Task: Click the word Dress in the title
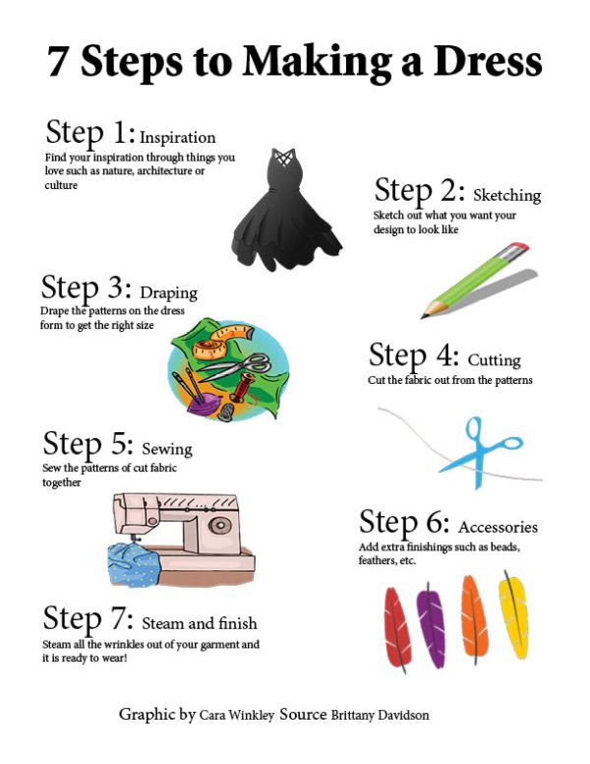pos(488,61)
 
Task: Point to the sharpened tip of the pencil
pos(423,317)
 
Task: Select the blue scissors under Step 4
pos(480,451)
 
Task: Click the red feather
pos(397,628)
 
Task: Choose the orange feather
pos(474,619)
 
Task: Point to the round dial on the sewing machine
pos(219,526)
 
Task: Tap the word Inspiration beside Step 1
pos(178,138)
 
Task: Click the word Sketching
pos(506,195)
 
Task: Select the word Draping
pos(168,292)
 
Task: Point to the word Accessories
pos(498,527)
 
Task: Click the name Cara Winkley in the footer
pos(237,716)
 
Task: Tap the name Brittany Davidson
pos(380,716)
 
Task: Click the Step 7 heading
pos(88,619)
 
